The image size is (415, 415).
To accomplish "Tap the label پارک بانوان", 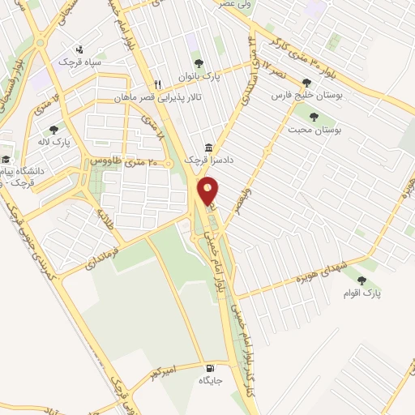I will coord(202,78).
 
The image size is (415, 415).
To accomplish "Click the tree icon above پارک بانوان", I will coord(198,63).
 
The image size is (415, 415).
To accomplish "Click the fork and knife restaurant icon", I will coord(159,83).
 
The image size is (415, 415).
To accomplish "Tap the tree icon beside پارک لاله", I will coord(53,129).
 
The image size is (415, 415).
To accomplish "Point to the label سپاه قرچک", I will coord(79,62).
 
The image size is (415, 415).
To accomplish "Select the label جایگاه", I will coord(210,379).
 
